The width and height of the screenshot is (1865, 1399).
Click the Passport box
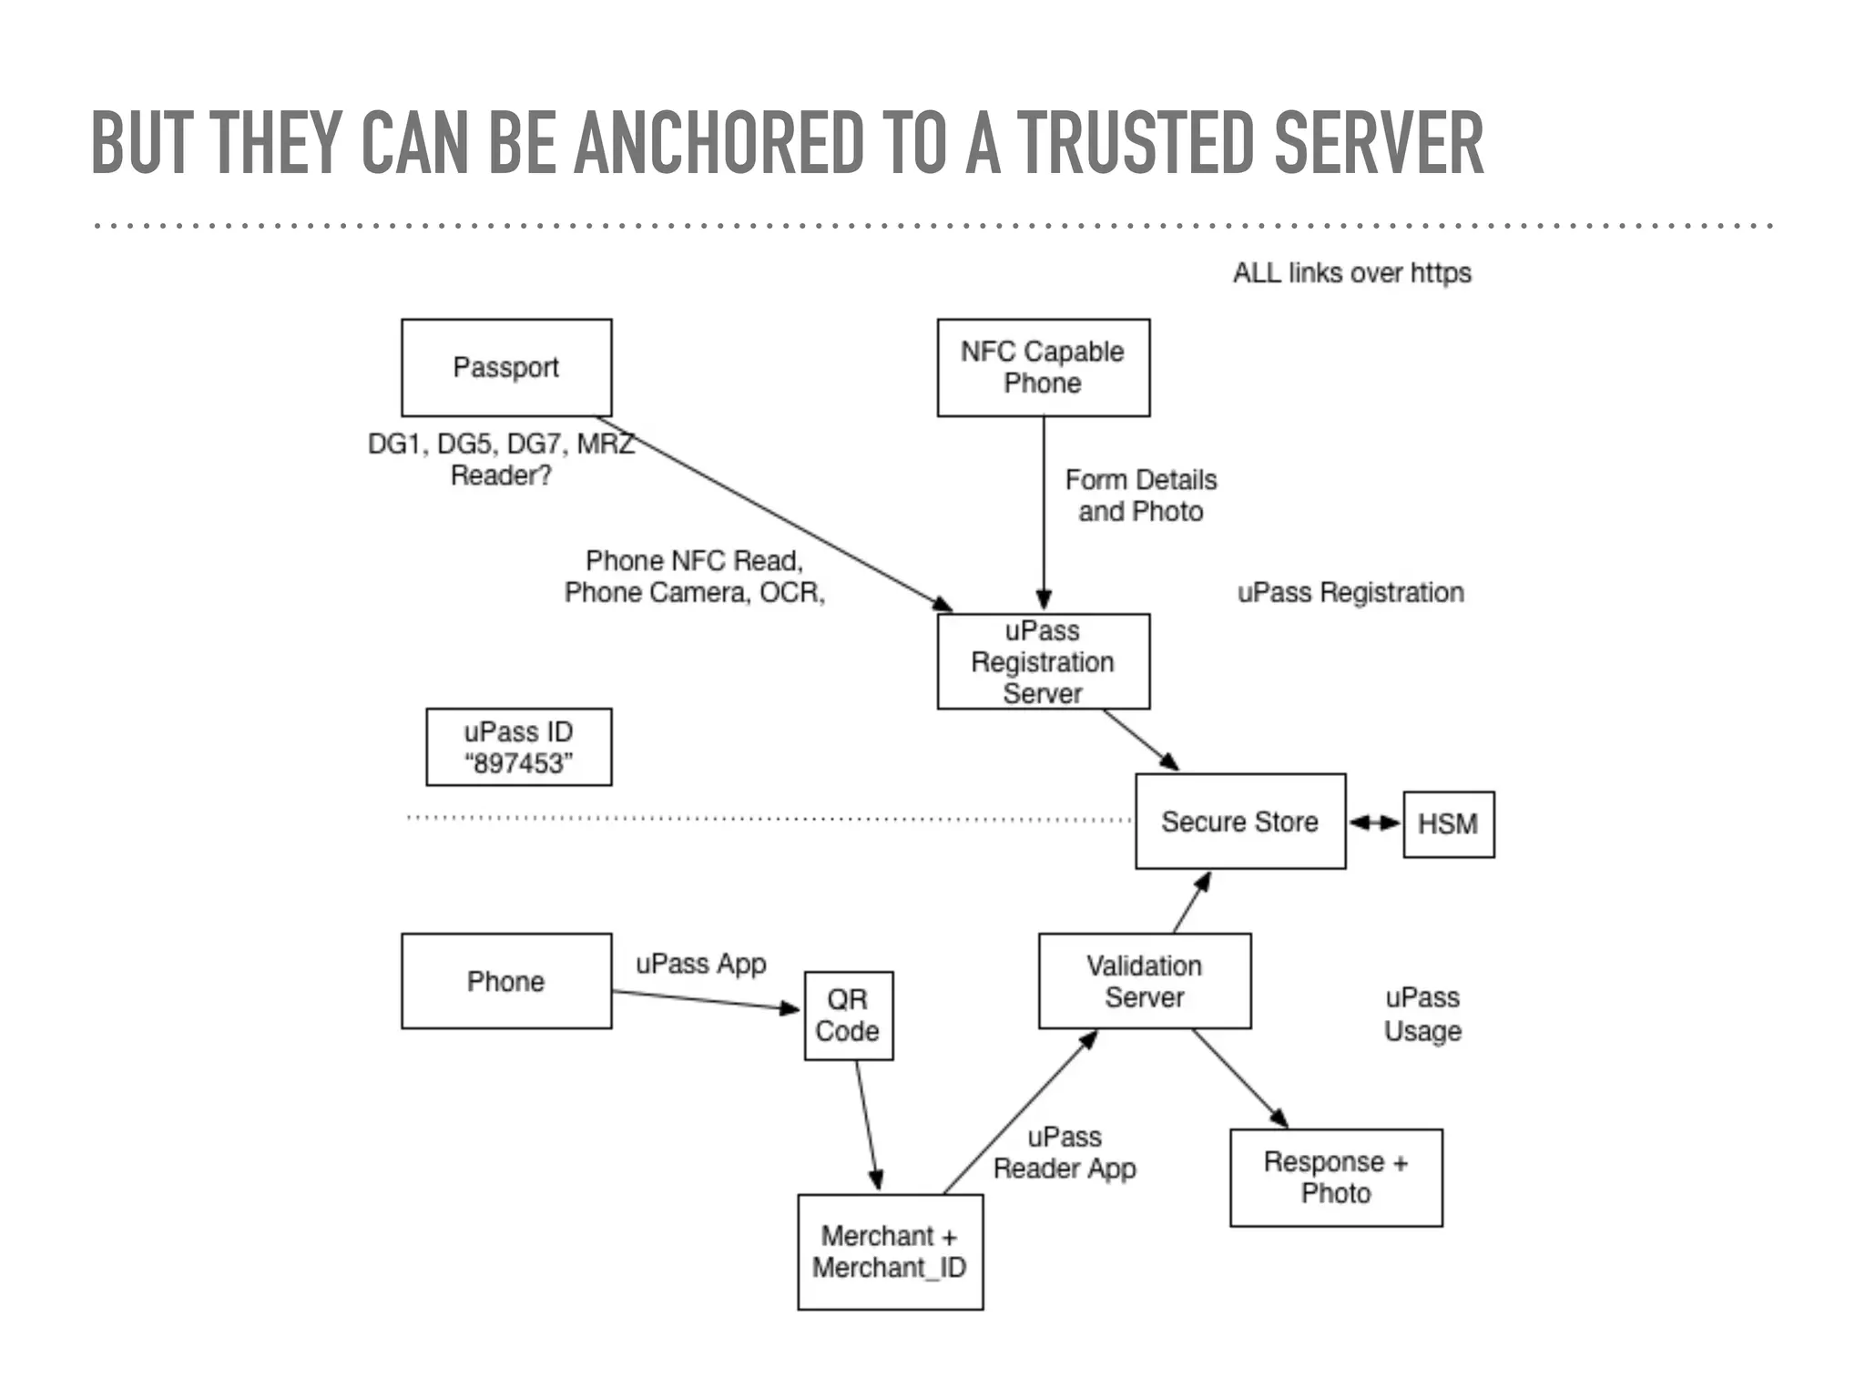pyautogui.click(x=506, y=367)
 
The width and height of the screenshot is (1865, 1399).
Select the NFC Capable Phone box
pyautogui.click(x=1043, y=367)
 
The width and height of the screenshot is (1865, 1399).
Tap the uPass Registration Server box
pyautogui.click(x=1043, y=661)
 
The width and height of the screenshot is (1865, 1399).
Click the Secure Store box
pyautogui.click(x=1239, y=822)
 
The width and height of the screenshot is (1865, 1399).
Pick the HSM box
pyautogui.click(x=1448, y=824)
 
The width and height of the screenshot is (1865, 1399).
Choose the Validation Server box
pyautogui.click(x=1144, y=981)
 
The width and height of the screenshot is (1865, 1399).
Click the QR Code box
pyautogui.click(x=848, y=1016)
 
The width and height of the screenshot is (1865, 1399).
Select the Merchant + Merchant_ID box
pyautogui.click(x=890, y=1251)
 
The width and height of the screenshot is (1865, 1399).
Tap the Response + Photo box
pyautogui.click(x=1335, y=1178)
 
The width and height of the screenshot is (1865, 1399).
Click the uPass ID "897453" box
pyautogui.click(x=518, y=747)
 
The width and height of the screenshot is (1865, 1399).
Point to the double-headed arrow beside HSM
pyautogui.click(x=1374, y=823)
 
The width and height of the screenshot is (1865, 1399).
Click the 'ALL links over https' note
pyautogui.click(x=1351, y=273)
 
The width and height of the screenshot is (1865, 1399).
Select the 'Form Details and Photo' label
pyautogui.click(x=1140, y=495)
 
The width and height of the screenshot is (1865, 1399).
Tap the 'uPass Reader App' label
pyautogui.click(x=1064, y=1153)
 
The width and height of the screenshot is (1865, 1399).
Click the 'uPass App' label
pyautogui.click(x=700, y=964)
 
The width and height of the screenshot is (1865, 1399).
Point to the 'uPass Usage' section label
pyautogui.click(x=1422, y=1014)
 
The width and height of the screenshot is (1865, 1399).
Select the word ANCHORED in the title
pyautogui.click(x=719, y=143)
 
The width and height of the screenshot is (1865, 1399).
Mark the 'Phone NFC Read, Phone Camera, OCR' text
pyautogui.click(x=694, y=577)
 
